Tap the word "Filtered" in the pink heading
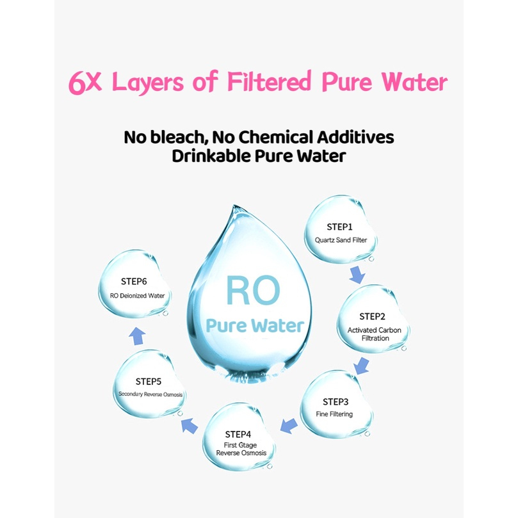269,81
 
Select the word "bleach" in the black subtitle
179,137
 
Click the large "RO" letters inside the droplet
253,291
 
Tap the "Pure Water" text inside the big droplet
255,325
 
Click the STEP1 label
339,227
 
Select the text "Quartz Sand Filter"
341,240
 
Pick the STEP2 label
372,316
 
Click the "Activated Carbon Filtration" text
375,334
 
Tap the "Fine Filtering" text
334,414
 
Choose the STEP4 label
238,434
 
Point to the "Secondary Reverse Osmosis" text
150,394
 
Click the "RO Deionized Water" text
137,296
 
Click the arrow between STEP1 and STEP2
357,275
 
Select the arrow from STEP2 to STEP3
361,366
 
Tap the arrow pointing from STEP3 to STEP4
289,426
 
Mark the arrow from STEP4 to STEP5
190,426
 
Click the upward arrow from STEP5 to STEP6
137,336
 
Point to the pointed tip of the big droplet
235,206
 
